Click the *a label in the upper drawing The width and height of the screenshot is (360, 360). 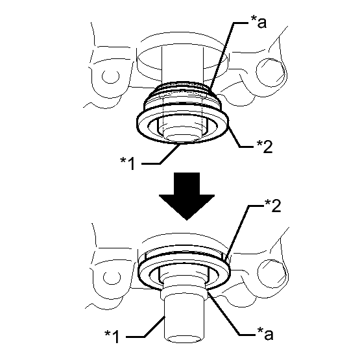tap(258, 23)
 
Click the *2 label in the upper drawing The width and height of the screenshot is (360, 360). tap(265, 147)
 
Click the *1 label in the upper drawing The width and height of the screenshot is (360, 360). tap(127, 163)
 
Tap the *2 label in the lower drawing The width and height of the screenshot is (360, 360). tap(272, 206)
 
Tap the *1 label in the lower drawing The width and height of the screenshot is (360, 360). tap(112, 337)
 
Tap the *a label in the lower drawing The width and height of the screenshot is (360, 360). tap(265, 334)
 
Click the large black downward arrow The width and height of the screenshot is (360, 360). tap(187, 197)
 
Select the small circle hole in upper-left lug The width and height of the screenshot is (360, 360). tap(110, 77)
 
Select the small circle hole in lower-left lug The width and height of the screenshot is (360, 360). tap(112, 278)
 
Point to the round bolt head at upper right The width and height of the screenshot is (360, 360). tap(270, 72)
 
